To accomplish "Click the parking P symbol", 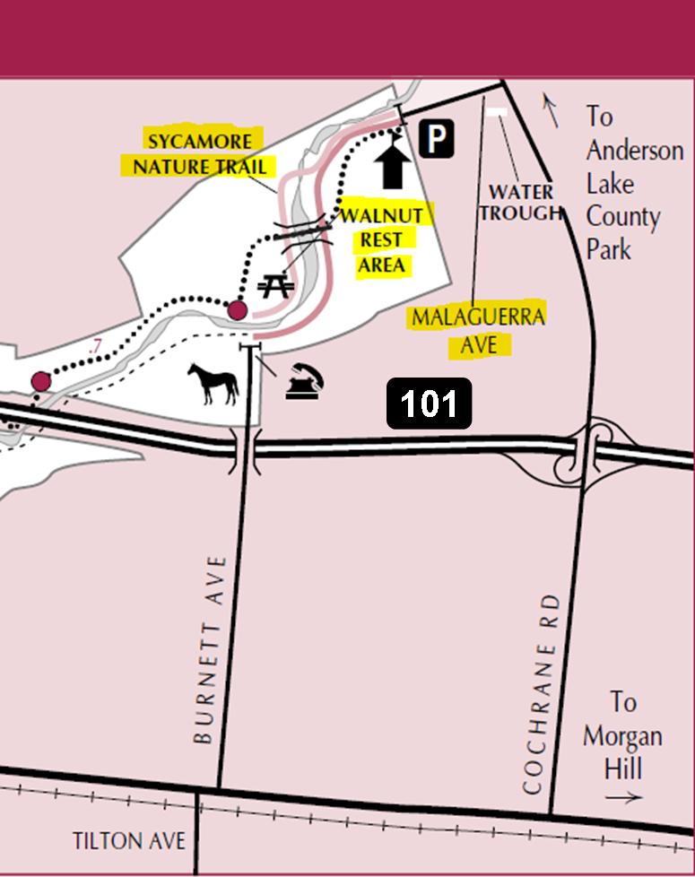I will (436, 140).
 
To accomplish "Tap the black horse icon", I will (213, 383).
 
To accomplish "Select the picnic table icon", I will (274, 286).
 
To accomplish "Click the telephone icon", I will (304, 384).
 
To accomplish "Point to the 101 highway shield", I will (430, 404).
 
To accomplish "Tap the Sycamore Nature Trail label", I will (199, 153).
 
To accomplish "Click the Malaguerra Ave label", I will (477, 330).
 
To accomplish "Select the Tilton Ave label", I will (129, 841).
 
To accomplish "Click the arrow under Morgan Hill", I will (622, 797).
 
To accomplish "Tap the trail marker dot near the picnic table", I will (237, 310).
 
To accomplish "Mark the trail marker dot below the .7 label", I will (40, 382).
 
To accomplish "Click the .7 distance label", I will (95, 346).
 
